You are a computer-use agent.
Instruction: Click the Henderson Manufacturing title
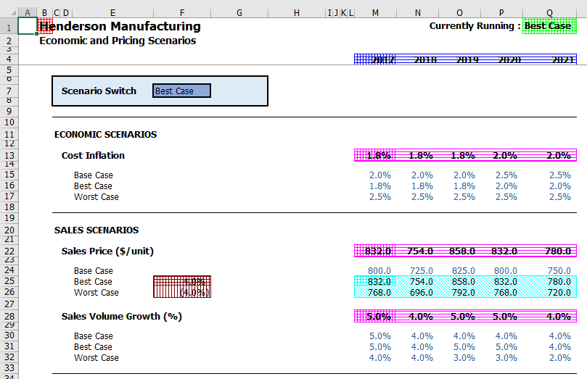120,27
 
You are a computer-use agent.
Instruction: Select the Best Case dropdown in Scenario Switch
181,91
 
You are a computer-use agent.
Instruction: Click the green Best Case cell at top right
549,26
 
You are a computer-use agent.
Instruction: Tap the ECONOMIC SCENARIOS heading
105,134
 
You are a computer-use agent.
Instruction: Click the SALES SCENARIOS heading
97,230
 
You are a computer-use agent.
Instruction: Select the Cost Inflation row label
93,155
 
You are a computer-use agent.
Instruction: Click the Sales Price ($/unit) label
107,251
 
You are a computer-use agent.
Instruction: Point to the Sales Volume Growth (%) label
121,316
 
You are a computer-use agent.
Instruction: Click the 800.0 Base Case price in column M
379,271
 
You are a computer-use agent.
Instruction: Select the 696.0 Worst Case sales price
421,293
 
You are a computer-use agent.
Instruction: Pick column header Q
549,12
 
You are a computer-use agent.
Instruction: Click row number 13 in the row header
9,155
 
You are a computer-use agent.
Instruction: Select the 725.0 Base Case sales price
421,271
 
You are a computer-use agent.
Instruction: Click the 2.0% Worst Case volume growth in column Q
559,358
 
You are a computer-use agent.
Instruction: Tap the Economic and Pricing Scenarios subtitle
118,41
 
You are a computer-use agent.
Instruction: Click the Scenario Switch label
99,91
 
